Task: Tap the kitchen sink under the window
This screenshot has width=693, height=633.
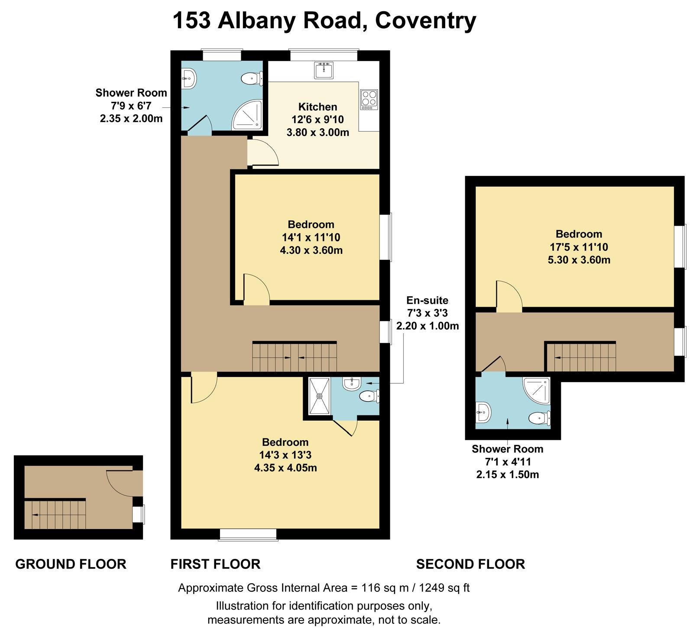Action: tap(324, 71)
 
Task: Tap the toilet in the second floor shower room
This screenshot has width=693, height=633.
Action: tap(540, 418)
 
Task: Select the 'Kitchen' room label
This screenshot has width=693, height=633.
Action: tap(317, 107)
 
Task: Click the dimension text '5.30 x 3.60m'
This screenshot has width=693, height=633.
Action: tap(579, 260)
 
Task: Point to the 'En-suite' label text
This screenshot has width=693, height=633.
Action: tap(427, 300)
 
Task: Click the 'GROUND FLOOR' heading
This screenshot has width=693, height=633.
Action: tap(71, 564)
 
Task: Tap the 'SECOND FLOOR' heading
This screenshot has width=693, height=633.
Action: tap(471, 564)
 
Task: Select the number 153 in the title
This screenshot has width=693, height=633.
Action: tap(192, 20)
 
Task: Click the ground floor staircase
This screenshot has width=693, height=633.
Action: tap(55, 514)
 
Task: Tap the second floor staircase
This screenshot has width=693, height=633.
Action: tap(580, 357)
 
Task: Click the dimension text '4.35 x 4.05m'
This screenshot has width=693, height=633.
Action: tap(285, 468)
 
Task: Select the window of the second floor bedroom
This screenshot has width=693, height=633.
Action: tap(680, 247)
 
